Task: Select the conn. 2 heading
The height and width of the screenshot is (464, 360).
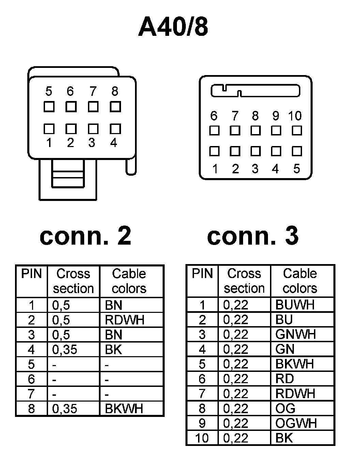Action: (x=85, y=236)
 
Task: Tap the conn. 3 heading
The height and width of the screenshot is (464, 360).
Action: (x=253, y=236)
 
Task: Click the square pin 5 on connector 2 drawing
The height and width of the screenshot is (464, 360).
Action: (x=49, y=107)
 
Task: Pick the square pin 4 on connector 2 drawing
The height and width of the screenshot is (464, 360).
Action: (x=115, y=129)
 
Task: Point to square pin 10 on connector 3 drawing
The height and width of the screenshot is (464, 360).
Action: (x=297, y=130)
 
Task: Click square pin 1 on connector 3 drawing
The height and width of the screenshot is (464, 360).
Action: (x=214, y=151)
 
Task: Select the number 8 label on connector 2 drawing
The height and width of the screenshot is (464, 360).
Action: (x=115, y=91)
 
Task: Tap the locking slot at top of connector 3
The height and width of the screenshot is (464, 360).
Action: (x=255, y=91)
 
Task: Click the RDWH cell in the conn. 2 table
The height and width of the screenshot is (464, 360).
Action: (x=125, y=320)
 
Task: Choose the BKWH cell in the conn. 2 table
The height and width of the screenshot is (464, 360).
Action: (x=124, y=408)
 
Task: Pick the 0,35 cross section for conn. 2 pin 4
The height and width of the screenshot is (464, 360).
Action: (x=64, y=350)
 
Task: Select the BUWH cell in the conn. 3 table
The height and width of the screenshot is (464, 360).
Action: (x=295, y=305)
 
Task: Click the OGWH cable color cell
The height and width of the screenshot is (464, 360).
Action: (x=296, y=423)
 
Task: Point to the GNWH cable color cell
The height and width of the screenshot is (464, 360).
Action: (x=296, y=334)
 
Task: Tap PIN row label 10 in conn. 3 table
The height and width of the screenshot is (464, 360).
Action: (x=202, y=438)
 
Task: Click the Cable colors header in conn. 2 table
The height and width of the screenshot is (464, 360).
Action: (x=129, y=281)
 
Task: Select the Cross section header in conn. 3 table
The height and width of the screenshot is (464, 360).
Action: (x=244, y=281)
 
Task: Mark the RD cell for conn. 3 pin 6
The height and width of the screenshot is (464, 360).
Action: (x=285, y=379)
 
